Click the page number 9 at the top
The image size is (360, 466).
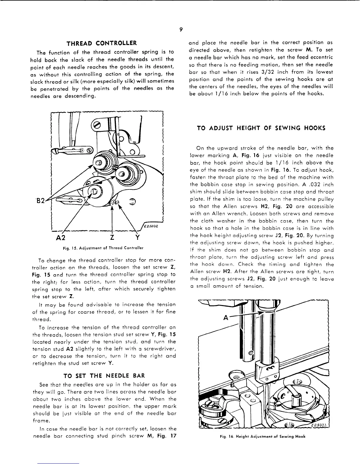181,29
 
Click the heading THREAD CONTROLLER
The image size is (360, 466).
102,44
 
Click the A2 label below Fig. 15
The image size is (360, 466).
62,237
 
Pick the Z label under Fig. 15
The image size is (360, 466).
112,237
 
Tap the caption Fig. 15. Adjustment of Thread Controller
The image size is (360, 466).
103,248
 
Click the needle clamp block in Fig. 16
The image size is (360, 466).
266,372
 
